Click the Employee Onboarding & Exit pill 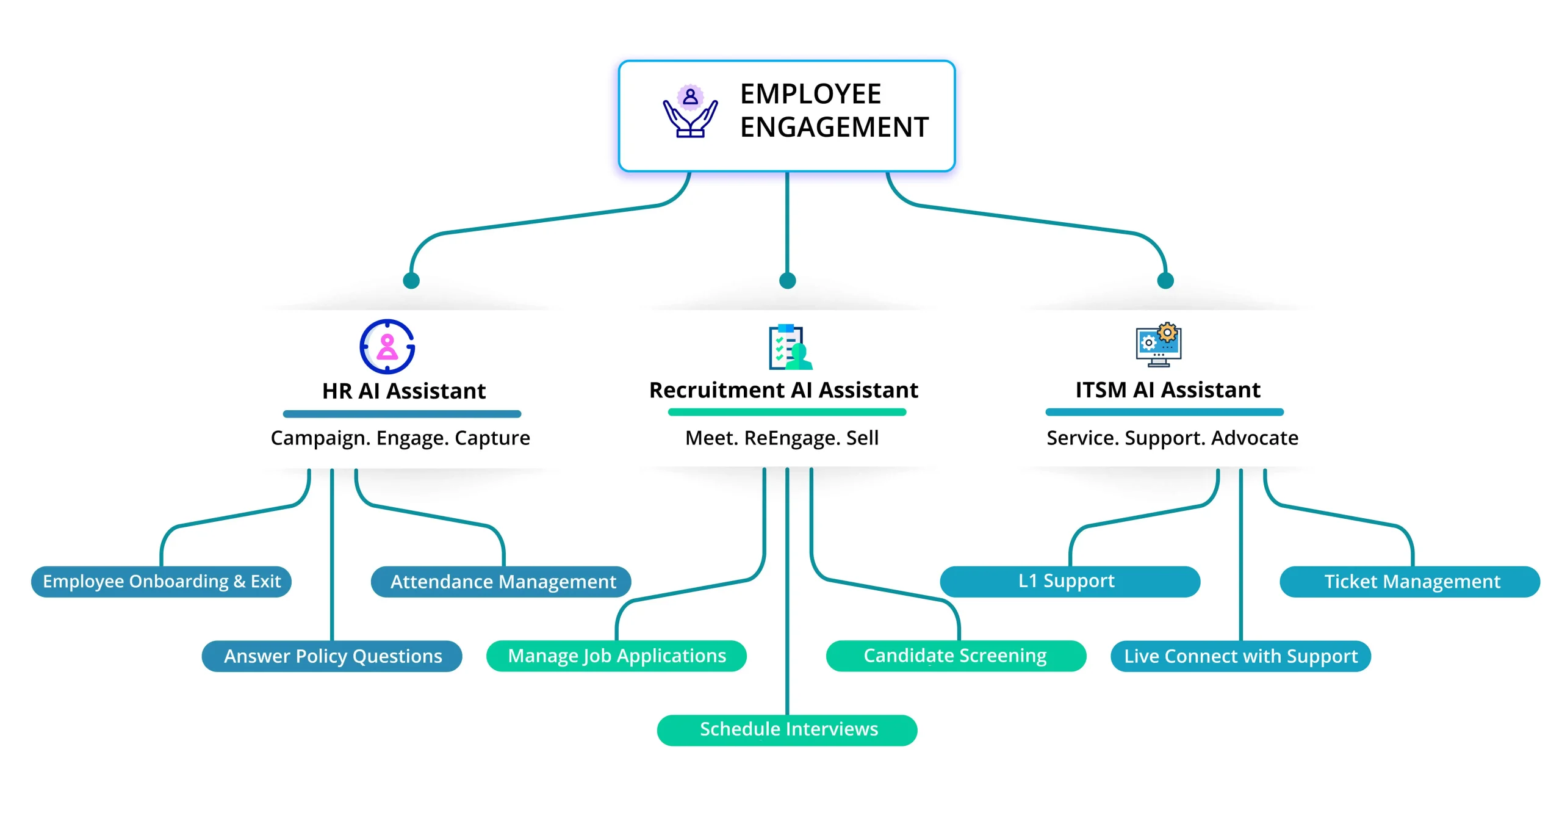tap(161, 582)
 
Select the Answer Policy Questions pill tap(332, 656)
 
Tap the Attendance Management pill tap(501, 582)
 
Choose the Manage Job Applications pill tap(616, 656)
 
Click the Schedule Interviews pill tap(787, 730)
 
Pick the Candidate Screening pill tap(956, 656)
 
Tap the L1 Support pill tap(1070, 582)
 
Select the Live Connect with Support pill tap(1240, 656)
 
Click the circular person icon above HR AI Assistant tap(387, 347)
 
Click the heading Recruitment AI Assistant tap(783, 390)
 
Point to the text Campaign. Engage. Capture tap(400, 438)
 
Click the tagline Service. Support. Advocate tap(1172, 438)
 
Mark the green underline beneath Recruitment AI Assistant tap(787, 412)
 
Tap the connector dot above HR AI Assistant tap(411, 281)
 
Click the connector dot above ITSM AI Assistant tap(1165, 281)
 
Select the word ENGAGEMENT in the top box tap(834, 128)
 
